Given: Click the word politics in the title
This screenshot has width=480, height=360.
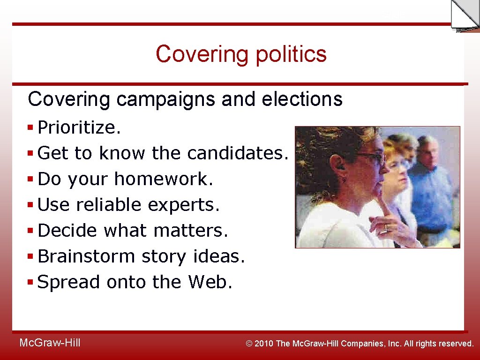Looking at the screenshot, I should coord(291,54).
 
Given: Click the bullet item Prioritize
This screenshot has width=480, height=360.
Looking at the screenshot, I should coord(79,127).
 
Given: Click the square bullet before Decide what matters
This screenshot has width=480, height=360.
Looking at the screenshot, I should coord(30,230).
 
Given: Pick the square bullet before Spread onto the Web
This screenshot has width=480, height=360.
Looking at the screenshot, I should coord(30,282).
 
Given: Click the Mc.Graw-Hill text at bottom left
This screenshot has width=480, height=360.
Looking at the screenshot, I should coord(50,343).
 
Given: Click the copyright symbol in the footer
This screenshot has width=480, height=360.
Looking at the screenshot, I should coord(249,344).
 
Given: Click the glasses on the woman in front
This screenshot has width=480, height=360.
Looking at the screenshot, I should coord(370,157).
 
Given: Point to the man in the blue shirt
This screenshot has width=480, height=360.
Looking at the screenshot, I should coord(434,197).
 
